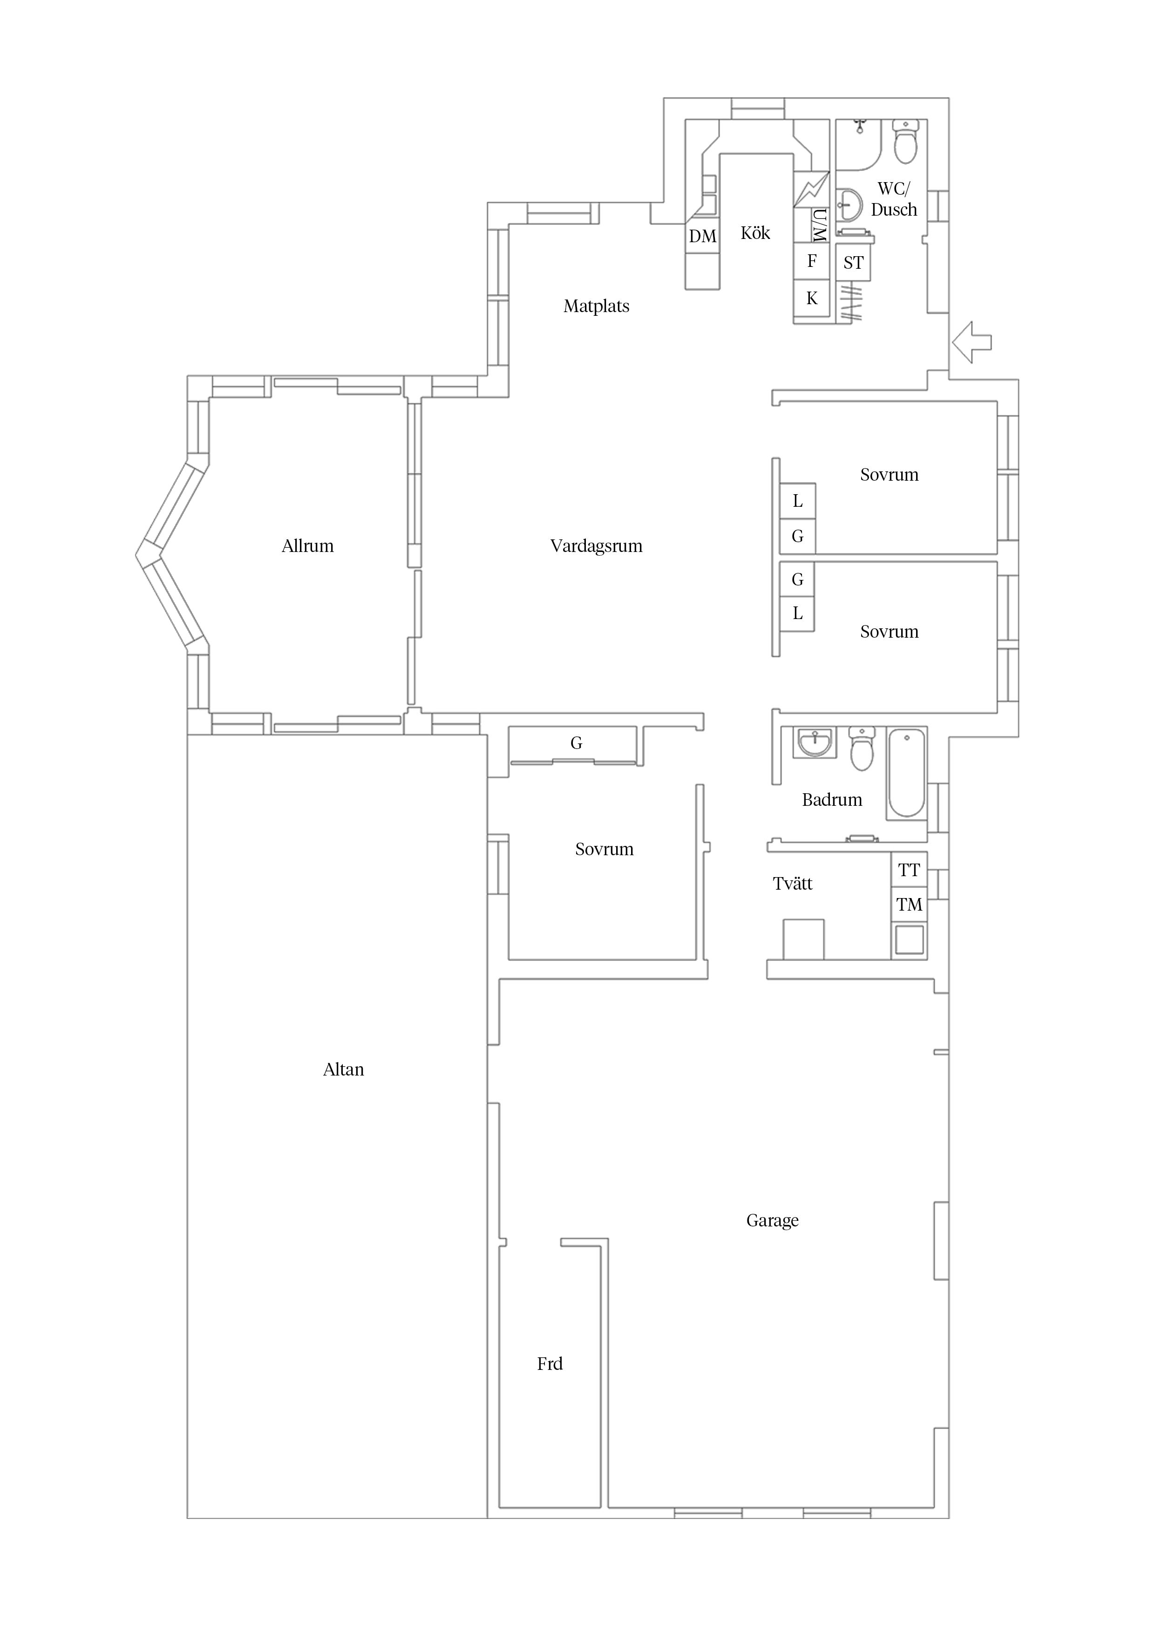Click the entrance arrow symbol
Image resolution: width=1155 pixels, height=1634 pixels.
(972, 342)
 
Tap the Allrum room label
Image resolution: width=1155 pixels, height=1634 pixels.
(307, 546)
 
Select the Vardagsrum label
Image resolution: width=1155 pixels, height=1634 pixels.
(596, 546)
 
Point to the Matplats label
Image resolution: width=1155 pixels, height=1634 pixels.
(596, 306)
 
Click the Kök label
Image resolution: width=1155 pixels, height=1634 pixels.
(755, 233)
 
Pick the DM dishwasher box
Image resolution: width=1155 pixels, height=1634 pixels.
(702, 236)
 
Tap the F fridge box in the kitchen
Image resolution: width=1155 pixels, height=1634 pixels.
(811, 261)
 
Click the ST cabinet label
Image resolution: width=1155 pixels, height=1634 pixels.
(853, 263)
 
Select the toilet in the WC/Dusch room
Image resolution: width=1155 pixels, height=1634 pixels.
(905, 143)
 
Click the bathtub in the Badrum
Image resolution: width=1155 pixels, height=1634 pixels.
(907, 773)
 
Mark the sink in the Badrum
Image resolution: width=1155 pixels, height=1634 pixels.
(814, 742)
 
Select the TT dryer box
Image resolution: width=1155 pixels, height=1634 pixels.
(909, 870)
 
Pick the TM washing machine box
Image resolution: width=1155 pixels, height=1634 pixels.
(909, 905)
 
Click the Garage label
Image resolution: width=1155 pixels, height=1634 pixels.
(772, 1220)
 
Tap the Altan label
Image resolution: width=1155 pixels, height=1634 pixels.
(343, 1069)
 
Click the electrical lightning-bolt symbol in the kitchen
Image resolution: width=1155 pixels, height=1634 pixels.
(811, 189)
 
